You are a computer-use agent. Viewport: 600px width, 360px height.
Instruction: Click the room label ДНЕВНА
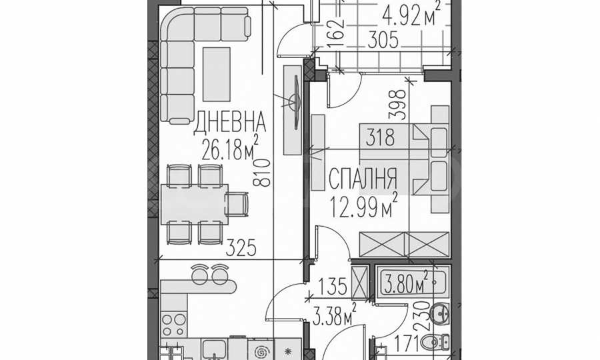click(x=230, y=122)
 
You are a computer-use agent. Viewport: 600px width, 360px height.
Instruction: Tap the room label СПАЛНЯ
click(x=363, y=179)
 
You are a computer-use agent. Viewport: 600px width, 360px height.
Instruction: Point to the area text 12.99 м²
click(x=365, y=201)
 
